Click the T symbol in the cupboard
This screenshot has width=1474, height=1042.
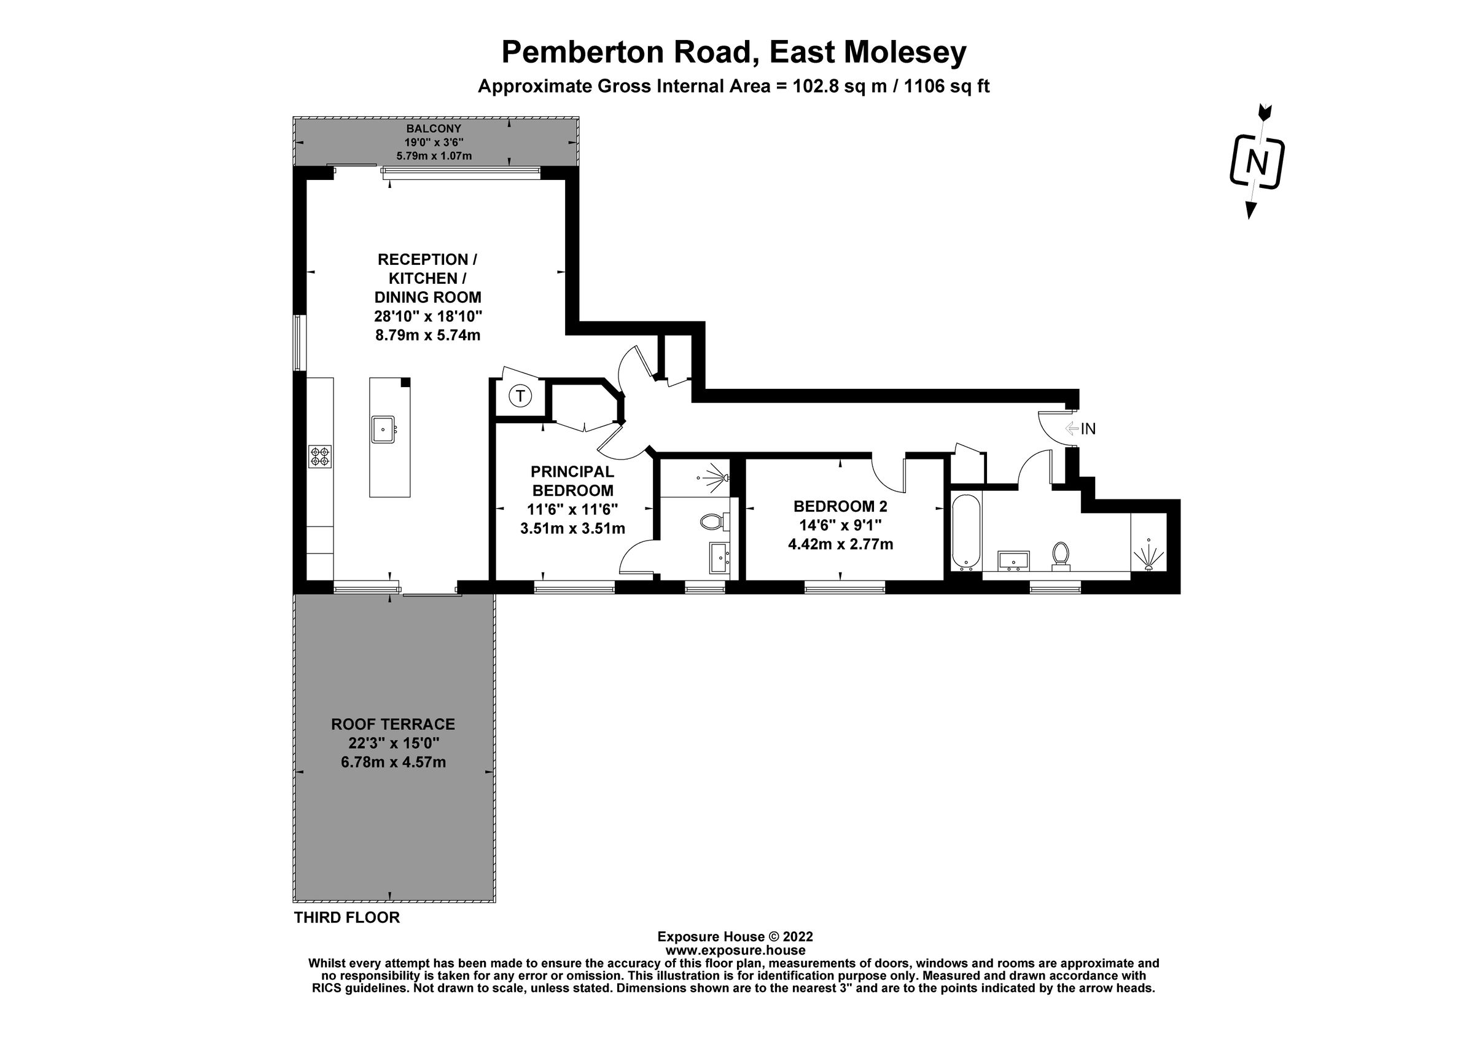point(520,396)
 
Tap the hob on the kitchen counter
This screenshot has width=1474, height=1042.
point(321,455)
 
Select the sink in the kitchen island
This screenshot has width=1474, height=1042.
point(383,429)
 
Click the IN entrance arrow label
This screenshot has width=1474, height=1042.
point(1081,429)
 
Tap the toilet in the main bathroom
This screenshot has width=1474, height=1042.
point(1061,555)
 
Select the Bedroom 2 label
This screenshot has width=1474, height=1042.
point(840,506)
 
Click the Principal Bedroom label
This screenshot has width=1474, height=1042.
point(572,481)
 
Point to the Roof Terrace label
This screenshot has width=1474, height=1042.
point(393,724)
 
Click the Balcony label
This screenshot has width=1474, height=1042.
point(434,128)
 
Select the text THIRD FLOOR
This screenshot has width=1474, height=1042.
point(346,917)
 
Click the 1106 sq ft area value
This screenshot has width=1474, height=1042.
point(946,86)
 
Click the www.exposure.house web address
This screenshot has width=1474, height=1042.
point(735,950)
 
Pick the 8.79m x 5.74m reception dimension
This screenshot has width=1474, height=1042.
point(427,335)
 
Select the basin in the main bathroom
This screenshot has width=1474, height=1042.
point(1015,560)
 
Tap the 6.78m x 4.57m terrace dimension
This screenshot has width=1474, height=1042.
point(393,762)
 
